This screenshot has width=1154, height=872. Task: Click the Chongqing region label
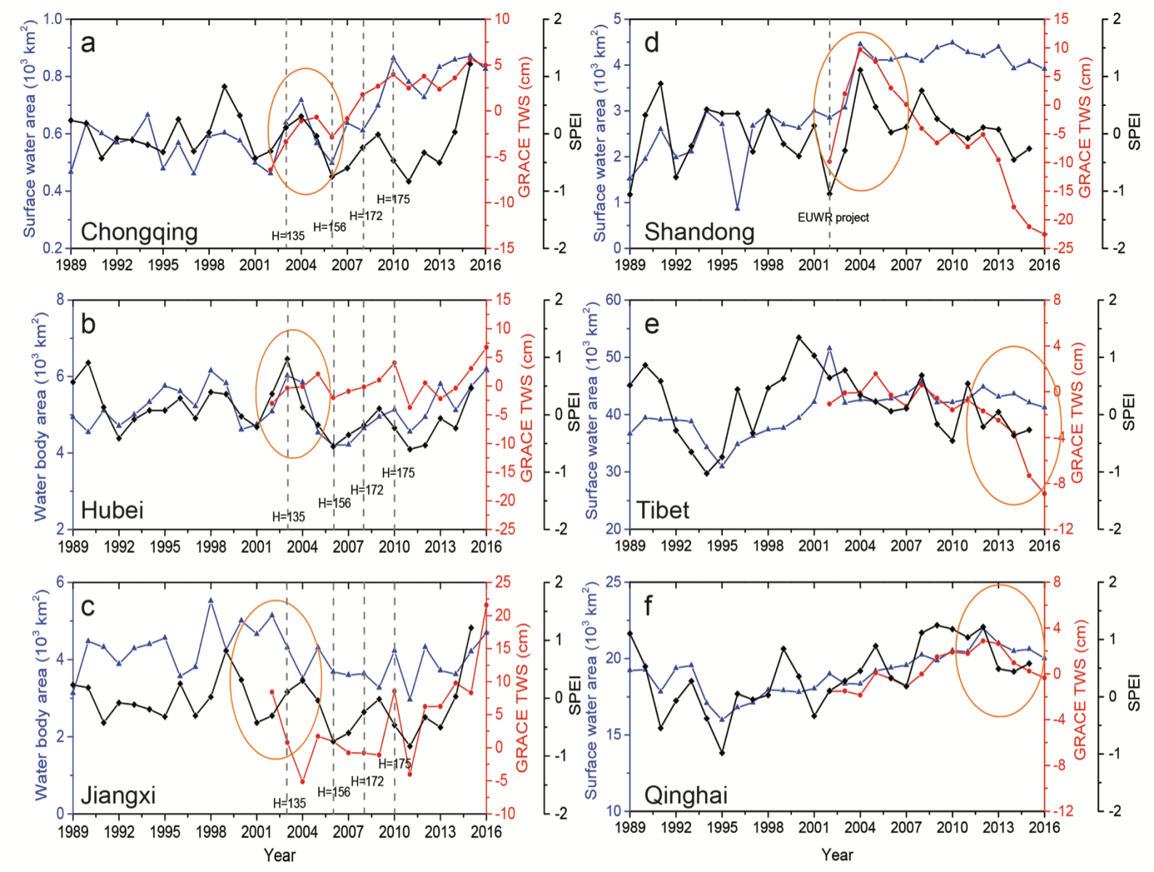point(139,232)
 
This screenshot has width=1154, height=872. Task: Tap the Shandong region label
point(699,232)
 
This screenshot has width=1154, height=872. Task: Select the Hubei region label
point(112,510)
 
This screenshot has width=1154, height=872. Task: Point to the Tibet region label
point(663,510)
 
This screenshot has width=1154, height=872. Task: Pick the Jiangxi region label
point(118,795)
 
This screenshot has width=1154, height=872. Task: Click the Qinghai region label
point(685,795)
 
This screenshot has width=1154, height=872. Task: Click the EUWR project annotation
point(833,217)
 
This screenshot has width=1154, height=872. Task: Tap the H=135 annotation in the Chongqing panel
point(288,235)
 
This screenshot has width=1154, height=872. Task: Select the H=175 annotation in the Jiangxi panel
point(395,764)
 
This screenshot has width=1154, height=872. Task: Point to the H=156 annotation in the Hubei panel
point(334,503)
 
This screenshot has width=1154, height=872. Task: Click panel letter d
point(652,44)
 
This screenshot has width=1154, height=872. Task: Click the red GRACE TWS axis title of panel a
point(525,127)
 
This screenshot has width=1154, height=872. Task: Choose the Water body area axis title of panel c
point(41,698)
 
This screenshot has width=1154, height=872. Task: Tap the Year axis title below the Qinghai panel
point(837,855)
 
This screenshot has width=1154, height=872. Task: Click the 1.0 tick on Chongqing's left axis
point(53,19)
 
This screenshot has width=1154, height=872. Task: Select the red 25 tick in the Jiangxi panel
point(503,582)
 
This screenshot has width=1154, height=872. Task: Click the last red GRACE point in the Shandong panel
point(1044,234)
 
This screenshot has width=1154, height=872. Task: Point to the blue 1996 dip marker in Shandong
point(737,209)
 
